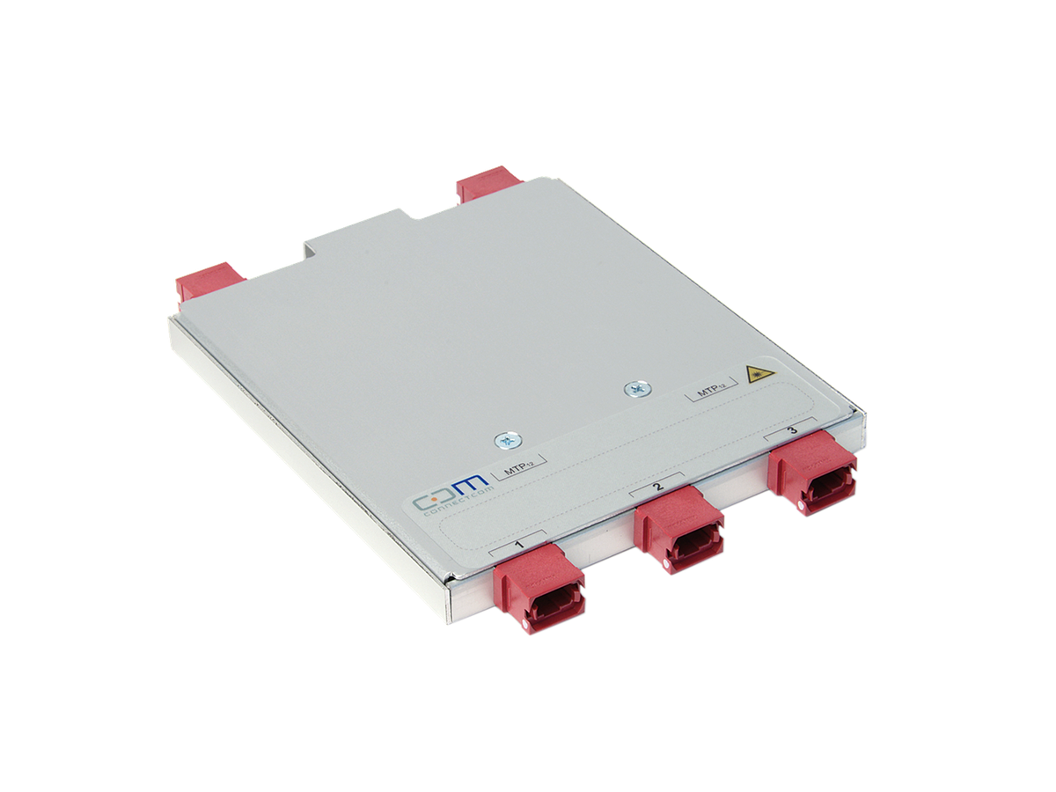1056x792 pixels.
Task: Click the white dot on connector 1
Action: click(x=526, y=627)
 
